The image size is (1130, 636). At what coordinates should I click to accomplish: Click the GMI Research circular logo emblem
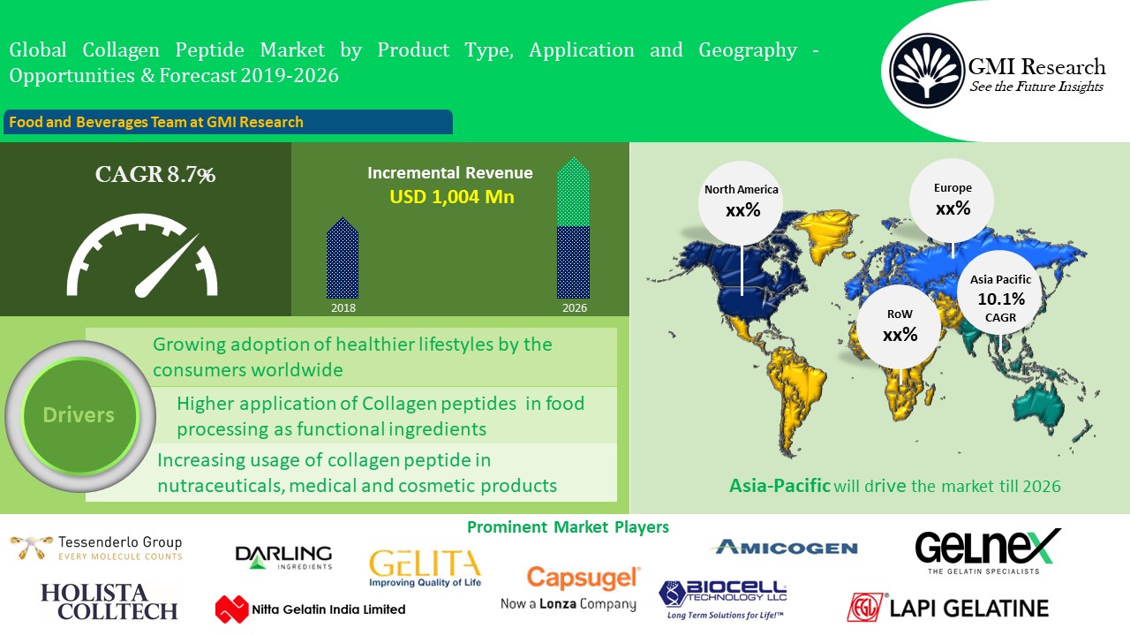point(927,70)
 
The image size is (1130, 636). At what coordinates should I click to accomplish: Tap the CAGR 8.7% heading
point(154,175)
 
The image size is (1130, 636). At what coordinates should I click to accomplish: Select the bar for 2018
point(343,258)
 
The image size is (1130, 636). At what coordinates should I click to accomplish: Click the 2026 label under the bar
point(575,308)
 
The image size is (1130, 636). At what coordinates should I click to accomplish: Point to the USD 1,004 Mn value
point(452,196)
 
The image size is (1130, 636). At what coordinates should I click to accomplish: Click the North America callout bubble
point(741,203)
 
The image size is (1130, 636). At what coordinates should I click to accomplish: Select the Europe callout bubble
point(952,201)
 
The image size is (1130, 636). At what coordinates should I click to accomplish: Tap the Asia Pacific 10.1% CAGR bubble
point(1000,292)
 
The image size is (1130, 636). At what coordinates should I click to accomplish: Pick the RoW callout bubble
point(900,326)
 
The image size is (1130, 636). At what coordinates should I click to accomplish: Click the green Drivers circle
point(79,415)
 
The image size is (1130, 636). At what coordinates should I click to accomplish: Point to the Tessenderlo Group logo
point(96,548)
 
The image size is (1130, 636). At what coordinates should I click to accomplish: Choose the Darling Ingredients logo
point(283,557)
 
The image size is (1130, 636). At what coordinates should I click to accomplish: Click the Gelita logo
point(426,568)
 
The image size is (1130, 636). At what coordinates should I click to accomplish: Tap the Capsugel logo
point(570,588)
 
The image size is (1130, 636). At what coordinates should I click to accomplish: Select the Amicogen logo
point(786,547)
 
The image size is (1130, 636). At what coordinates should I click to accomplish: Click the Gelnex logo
point(987,551)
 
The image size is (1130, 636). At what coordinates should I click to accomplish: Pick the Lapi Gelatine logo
point(948,608)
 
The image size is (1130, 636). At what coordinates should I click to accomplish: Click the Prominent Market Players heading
point(568,527)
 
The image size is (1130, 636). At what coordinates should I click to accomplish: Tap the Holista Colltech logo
point(109,602)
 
